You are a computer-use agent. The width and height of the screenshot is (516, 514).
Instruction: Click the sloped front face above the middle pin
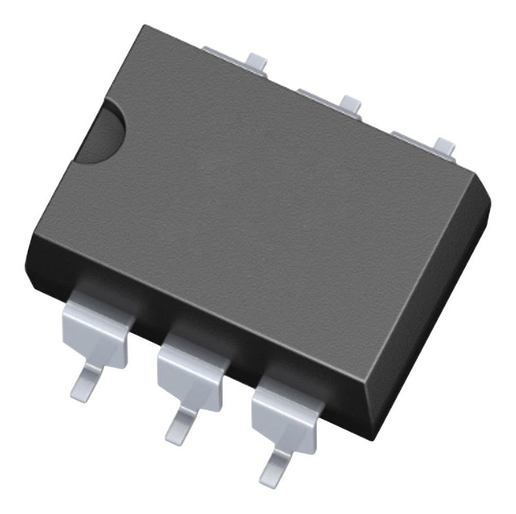tap(193, 316)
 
